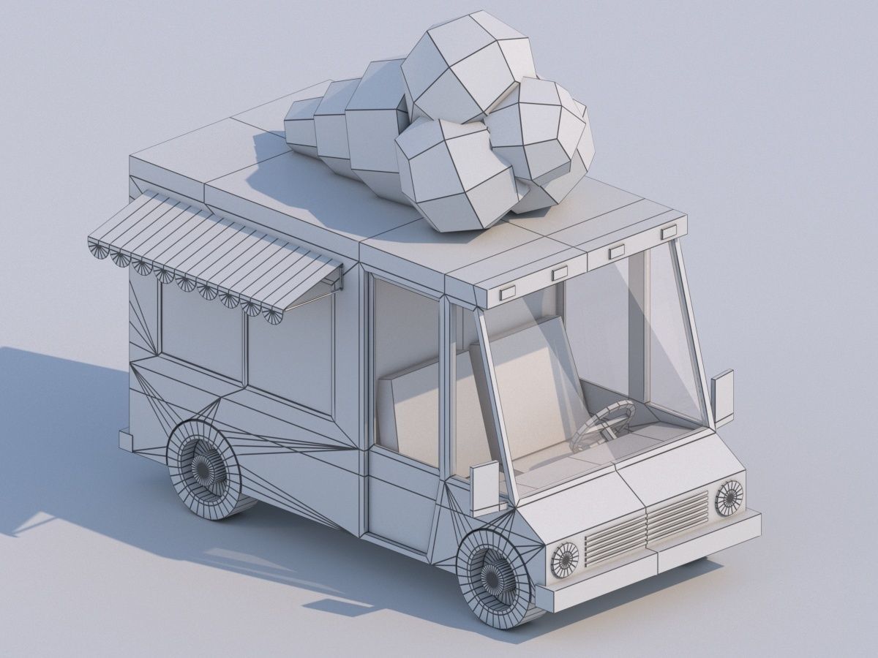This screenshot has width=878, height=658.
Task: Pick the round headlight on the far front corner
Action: pos(729,497)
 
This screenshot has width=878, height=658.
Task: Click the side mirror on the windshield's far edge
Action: pos(723,397)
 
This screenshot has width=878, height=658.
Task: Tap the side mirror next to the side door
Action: pos(484,486)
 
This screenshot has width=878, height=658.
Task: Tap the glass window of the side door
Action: pos(406,373)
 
